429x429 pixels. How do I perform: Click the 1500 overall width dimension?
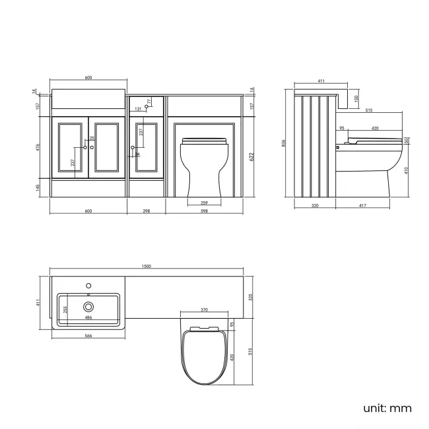147,266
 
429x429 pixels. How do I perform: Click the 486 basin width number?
88,317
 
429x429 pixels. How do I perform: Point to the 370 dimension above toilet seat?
204,310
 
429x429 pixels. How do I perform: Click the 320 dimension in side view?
314,206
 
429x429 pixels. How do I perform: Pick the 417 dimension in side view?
362,206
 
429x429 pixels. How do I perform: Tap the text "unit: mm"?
387,408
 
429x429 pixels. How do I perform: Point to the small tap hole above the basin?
88,285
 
